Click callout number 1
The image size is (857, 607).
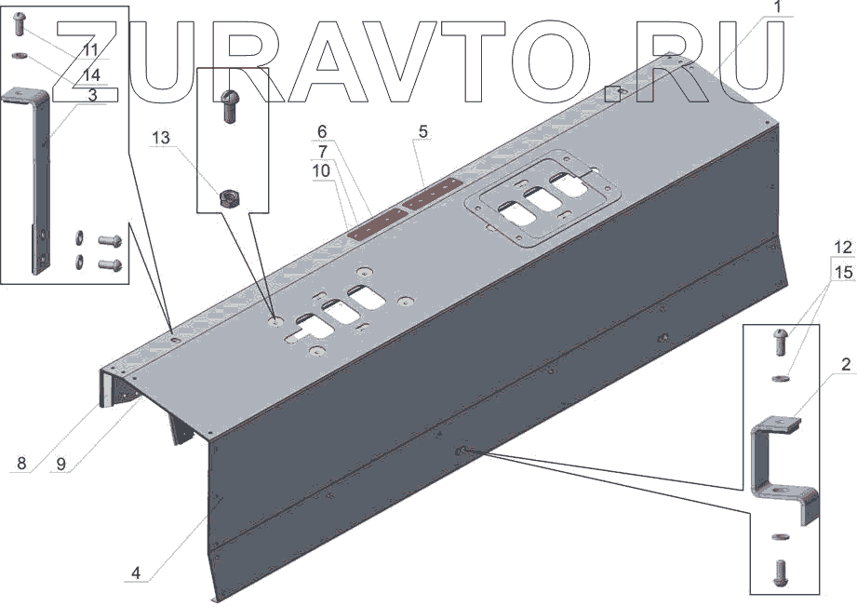pyautogui.click(x=779, y=9)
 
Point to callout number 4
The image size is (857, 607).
pyautogui.click(x=136, y=573)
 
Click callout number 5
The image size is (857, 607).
pyautogui.click(x=423, y=132)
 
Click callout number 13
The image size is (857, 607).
pyautogui.click(x=162, y=138)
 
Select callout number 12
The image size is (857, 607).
pyautogui.click(x=843, y=250)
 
